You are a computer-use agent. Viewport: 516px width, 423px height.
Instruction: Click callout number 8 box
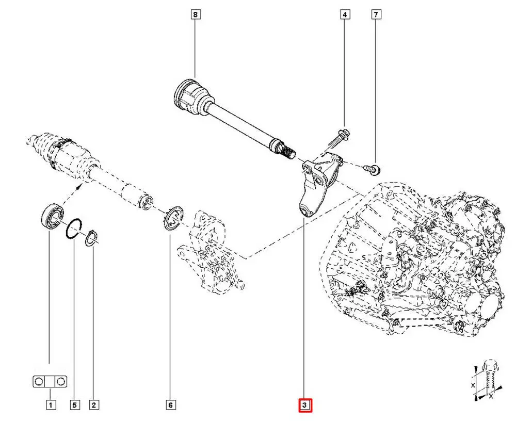point(195,14)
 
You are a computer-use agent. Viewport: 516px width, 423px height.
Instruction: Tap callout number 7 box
point(376,14)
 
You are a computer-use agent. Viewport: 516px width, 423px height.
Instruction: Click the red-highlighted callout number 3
point(305,406)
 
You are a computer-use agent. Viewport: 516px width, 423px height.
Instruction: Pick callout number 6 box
point(170,405)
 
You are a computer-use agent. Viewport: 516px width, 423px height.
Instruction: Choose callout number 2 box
point(93,405)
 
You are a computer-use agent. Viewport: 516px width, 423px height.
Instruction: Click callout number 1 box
point(50,405)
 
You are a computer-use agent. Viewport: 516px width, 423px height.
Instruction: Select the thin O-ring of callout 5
point(74,229)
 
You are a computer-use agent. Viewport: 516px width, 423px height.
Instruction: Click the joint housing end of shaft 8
point(189,97)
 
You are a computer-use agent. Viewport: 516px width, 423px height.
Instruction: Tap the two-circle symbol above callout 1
point(50,382)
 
